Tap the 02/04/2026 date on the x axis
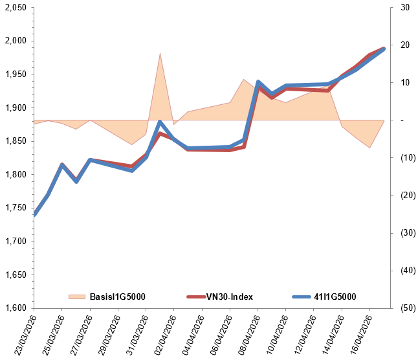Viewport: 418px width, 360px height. click(x=162, y=333)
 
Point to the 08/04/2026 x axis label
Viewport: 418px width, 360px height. click(x=245, y=333)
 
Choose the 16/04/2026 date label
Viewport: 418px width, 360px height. click(x=357, y=333)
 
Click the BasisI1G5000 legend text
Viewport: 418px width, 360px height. click(x=116, y=297)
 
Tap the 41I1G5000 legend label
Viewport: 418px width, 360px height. click(x=333, y=297)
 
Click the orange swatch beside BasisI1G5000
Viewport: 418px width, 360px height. click(x=76, y=297)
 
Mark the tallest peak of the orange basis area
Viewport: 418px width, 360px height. click(x=160, y=53)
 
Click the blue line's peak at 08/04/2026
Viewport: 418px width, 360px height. click(x=258, y=82)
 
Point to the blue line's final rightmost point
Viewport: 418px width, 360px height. click(x=384, y=49)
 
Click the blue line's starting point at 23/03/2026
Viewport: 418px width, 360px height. click(x=34, y=215)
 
